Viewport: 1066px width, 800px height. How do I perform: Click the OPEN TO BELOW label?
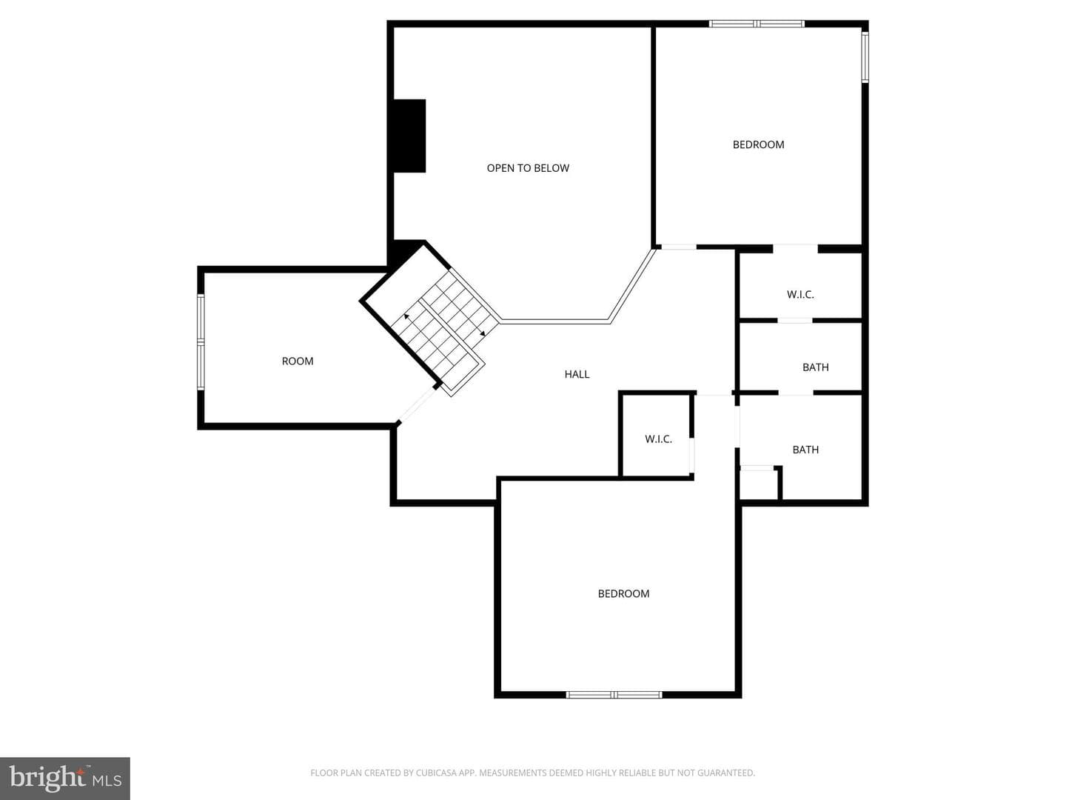[x=527, y=168]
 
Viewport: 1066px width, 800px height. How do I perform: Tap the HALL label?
[x=577, y=374]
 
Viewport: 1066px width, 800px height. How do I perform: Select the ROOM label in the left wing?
[x=297, y=361]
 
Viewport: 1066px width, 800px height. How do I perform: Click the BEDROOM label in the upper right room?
[x=758, y=144]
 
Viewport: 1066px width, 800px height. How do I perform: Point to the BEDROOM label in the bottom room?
[x=623, y=593]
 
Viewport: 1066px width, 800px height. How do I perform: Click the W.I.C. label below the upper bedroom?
[x=799, y=294]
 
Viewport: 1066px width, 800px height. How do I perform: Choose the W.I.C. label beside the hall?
[x=658, y=439]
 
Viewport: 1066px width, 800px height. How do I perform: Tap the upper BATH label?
[x=815, y=367]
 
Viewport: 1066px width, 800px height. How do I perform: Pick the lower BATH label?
[x=805, y=450]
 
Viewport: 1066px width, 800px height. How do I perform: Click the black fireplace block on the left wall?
[x=409, y=136]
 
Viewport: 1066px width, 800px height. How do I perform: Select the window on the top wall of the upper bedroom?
[x=757, y=23]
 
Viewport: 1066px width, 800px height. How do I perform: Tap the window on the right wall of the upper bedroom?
[x=865, y=57]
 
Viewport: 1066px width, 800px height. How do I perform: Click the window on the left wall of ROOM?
[x=201, y=342]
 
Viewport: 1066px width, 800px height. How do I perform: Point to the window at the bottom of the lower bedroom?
[x=614, y=695]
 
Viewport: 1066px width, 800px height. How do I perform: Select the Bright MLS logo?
[x=65, y=778]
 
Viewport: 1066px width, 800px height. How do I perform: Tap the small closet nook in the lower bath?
[x=759, y=484]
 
